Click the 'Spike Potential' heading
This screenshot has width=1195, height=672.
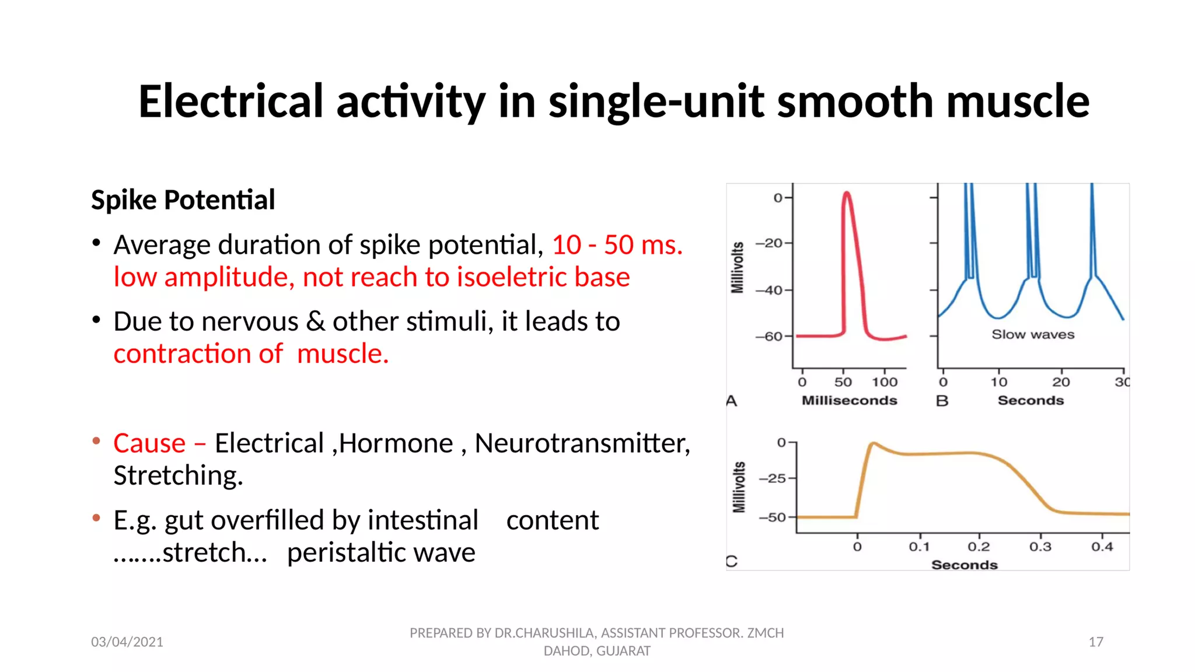click(183, 200)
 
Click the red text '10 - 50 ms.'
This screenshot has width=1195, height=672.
click(617, 244)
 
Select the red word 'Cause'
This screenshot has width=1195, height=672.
click(149, 443)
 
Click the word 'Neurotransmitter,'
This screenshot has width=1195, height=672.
click(582, 443)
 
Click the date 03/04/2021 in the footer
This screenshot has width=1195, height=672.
click(127, 642)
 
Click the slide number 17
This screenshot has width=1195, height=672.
click(1095, 642)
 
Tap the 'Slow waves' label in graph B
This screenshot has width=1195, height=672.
click(1033, 334)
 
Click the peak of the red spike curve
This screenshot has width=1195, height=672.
click(847, 194)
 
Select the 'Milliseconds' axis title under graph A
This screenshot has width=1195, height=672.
click(849, 400)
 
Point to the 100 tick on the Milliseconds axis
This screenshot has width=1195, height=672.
click(885, 382)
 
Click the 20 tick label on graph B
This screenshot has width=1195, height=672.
click(1061, 382)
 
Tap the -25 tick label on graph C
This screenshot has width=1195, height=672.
click(773, 478)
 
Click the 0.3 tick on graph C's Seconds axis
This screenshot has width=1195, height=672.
click(1040, 547)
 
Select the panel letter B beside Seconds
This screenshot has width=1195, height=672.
click(942, 401)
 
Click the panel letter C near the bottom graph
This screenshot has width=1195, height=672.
click(732, 561)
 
